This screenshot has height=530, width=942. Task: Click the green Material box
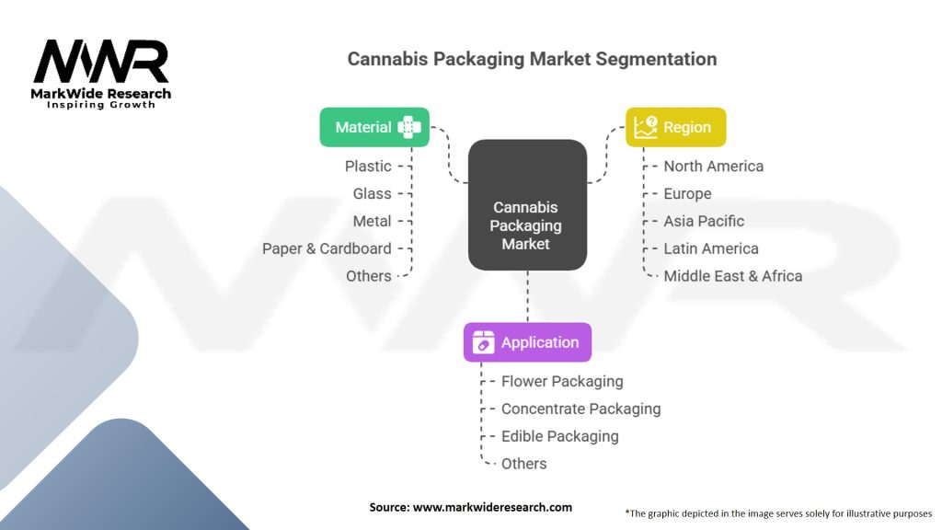click(x=374, y=127)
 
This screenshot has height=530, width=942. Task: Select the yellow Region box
click(x=676, y=127)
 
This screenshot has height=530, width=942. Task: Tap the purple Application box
click(x=527, y=342)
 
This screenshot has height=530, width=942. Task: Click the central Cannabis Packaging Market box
click(x=527, y=205)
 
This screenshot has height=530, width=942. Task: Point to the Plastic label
click(x=368, y=167)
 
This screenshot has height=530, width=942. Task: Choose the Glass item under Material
click(x=372, y=194)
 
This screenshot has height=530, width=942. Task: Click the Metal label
click(x=372, y=222)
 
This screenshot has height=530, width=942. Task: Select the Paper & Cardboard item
click(x=327, y=248)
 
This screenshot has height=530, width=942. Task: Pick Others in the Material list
click(x=368, y=276)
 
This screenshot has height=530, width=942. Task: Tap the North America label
click(x=714, y=167)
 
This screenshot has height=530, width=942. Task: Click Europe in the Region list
click(x=687, y=194)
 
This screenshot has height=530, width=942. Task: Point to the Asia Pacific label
click(x=704, y=222)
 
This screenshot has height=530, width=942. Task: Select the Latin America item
click(x=711, y=248)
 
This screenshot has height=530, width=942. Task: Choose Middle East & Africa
click(x=733, y=276)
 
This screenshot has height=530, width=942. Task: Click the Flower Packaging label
click(x=562, y=381)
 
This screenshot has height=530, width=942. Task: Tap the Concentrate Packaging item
click(x=580, y=409)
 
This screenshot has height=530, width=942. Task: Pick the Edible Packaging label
click(x=559, y=436)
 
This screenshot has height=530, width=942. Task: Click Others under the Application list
click(x=523, y=464)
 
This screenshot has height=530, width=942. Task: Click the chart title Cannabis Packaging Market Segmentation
click(x=532, y=59)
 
